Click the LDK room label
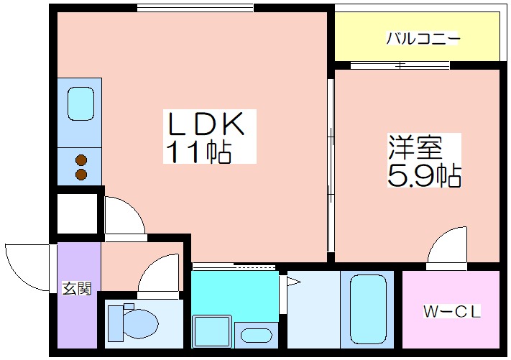206,124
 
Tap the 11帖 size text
199,152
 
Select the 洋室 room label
415,147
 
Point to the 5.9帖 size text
424,175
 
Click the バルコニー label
423,39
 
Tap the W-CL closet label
451,311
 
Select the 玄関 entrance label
77,288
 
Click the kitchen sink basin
80,103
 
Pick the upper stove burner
81,160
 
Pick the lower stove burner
81,175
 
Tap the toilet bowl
141,324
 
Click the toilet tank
116,323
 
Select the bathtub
368,309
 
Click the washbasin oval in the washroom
257,336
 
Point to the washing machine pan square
212,331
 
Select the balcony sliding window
400,65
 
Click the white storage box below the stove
78,213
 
